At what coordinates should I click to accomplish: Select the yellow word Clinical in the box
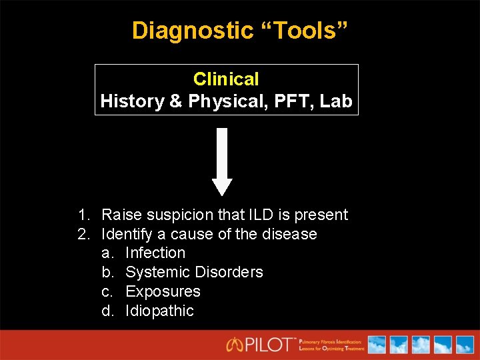[x=226, y=79]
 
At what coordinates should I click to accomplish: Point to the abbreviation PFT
[x=294, y=101]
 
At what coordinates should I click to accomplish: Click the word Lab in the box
[x=335, y=101]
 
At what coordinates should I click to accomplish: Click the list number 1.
[x=83, y=215]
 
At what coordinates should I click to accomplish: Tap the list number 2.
[x=83, y=234]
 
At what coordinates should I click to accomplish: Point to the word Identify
[x=125, y=234]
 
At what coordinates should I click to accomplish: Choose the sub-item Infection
[x=155, y=253]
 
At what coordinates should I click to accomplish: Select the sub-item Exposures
[x=163, y=291]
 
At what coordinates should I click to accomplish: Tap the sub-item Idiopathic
[x=159, y=311]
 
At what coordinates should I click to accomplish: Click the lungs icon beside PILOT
[x=235, y=345]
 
